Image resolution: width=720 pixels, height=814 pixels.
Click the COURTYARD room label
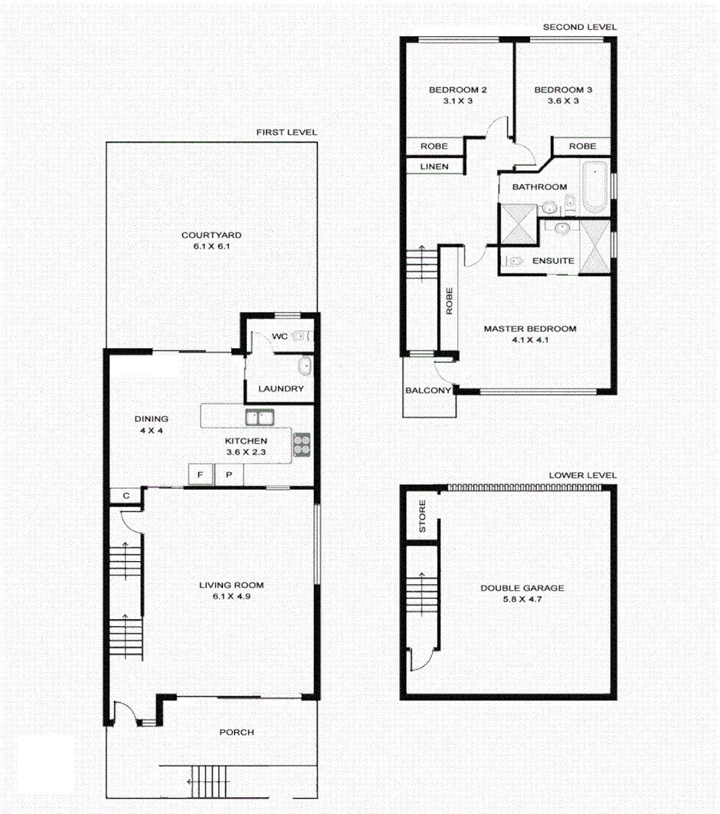point(211,235)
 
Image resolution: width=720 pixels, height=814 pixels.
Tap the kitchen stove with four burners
point(302,445)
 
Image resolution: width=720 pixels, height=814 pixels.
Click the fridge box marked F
point(201,475)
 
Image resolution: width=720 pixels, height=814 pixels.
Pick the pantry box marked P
point(229,475)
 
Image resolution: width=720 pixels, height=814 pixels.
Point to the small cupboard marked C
point(126,497)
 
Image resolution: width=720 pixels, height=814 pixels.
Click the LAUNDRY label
point(280,389)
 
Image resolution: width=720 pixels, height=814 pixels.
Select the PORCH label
point(236,732)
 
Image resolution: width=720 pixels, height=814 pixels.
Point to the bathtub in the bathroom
point(594,187)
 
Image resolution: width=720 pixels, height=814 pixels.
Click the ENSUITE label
point(553,261)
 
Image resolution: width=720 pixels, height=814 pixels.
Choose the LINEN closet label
point(433,166)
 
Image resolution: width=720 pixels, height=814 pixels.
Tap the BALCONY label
point(428,390)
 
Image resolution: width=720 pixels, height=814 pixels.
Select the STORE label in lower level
point(421,518)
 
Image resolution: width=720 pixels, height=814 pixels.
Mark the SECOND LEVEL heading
point(579,27)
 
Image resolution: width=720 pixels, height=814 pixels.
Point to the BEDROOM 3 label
point(563,90)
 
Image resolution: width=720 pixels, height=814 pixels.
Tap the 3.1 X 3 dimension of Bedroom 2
point(458,101)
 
